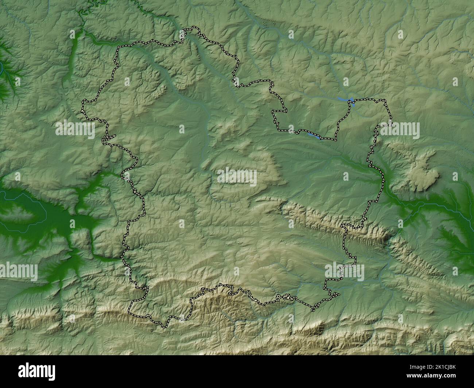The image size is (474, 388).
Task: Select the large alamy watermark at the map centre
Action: coord(237,177)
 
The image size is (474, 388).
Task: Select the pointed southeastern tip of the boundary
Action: coord(313,310)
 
